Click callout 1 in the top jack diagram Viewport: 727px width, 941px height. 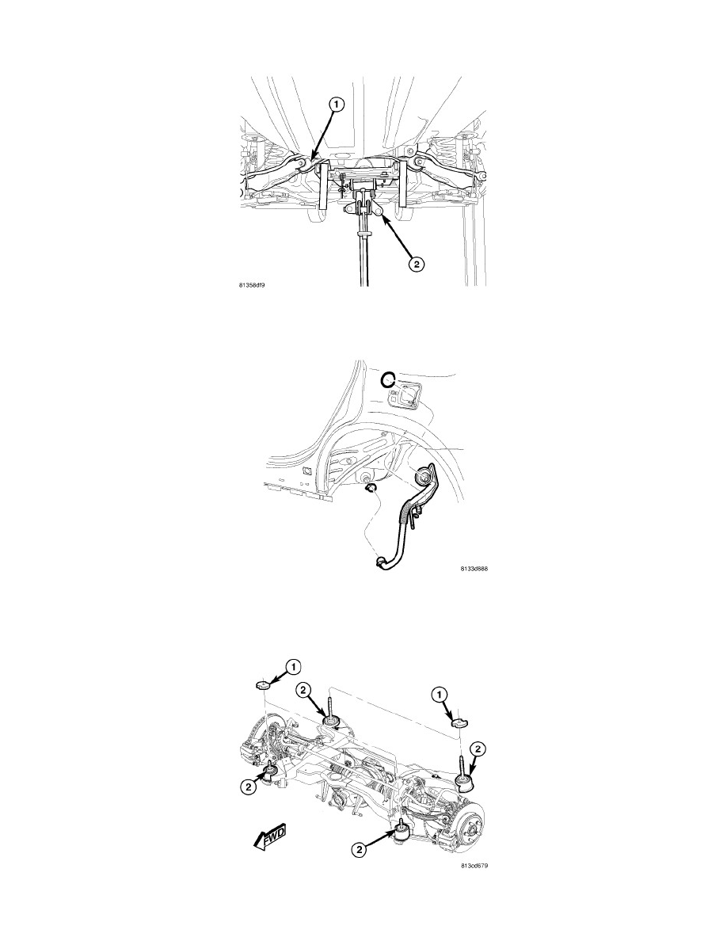click(x=336, y=105)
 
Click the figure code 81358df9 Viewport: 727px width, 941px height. click(x=253, y=286)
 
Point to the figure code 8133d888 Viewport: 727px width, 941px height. click(x=474, y=568)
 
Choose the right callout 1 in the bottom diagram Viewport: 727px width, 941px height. click(x=440, y=694)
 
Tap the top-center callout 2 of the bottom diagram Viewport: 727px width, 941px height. click(x=303, y=691)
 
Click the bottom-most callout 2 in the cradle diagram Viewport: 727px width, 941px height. click(x=359, y=849)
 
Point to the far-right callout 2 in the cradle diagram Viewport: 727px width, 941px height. click(x=478, y=749)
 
